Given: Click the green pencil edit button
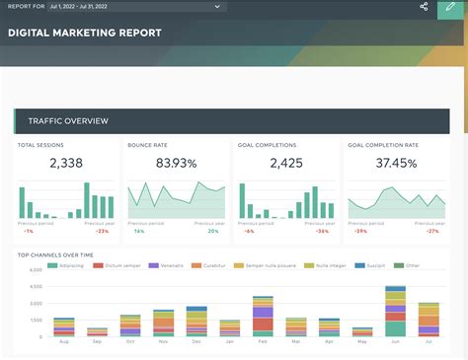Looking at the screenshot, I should click(x=451, y=7).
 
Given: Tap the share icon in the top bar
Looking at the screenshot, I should click(x=424, y=7).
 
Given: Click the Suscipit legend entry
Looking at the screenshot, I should click(x=374, y=265).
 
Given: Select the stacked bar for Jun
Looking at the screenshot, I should click(x=395, y=312).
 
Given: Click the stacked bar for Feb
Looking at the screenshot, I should click(x=263, y=319).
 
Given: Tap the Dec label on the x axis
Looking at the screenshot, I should click(x=196, y=342).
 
